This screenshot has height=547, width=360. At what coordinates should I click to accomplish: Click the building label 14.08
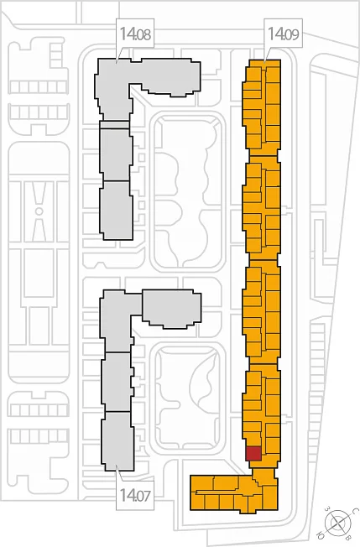click(x=135, y=34)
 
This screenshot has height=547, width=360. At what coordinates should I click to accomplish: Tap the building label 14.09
click(x=284, y=34)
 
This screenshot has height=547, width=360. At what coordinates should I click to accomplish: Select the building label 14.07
click(x=135, y=494)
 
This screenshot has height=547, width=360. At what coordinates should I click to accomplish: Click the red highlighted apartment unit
click(x=253, y=453)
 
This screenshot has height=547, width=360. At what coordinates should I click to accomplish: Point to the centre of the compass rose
click(x=338, y=523)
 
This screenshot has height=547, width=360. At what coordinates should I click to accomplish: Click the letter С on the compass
click(x=354, y=511)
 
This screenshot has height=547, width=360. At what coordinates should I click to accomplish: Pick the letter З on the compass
click(x=327, y=509)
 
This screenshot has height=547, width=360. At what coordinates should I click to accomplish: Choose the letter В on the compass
click(x=348, y=537)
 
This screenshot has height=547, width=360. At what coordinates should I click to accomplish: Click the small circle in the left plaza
click(x=39, y=211)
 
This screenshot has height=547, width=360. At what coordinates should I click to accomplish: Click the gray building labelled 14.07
click(x=117, y=380)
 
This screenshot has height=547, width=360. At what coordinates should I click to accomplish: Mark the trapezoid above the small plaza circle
click(x=39, y=194)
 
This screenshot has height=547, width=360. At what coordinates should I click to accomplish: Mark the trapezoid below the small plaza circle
click(x=39, y=228)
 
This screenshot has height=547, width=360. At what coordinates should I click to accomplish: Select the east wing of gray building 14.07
click(x=172, y=308)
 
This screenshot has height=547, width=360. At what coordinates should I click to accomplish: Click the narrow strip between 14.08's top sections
click(x=114, y=124)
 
